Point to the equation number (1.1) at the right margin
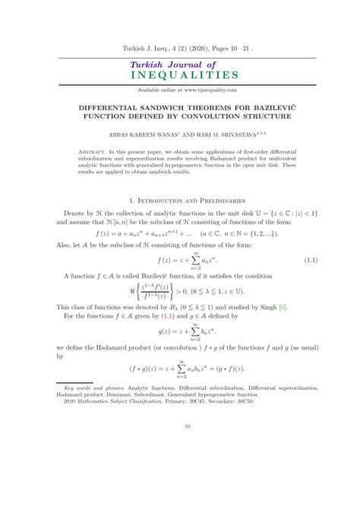(x=310, y=261)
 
